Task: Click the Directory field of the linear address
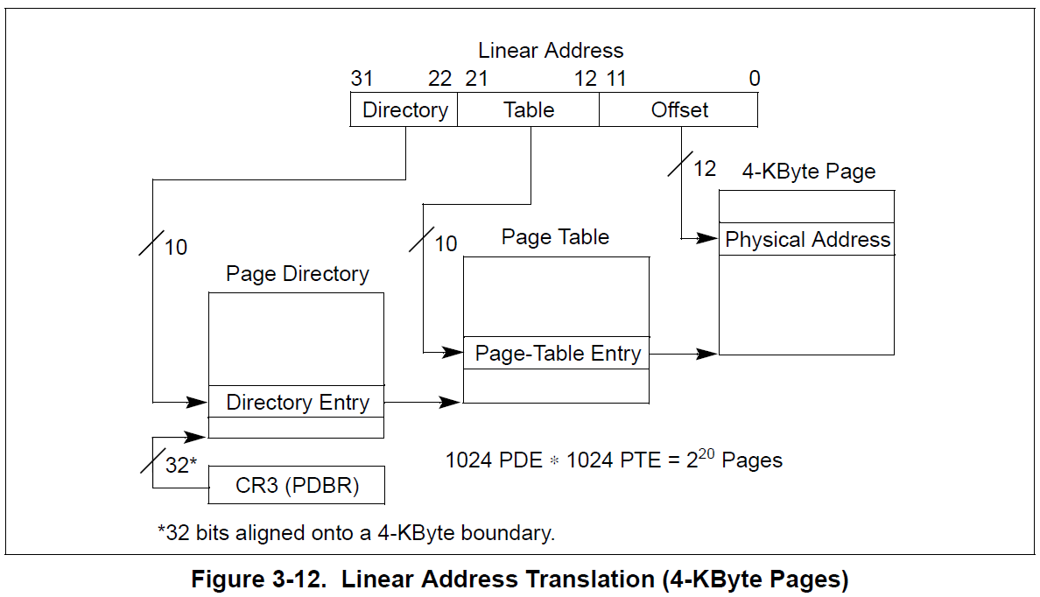(404, 110)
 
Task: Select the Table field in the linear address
(529, 110)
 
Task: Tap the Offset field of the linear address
(679, 110)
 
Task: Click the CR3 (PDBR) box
(297, 485)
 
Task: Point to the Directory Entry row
(297, 403)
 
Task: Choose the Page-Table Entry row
(557, 354)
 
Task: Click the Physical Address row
(807, 240)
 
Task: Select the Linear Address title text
(551, 51)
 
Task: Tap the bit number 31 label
(362, 79)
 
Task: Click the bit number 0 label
(754, 79)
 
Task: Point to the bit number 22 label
(439, 79)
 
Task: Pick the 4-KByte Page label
(808, 172)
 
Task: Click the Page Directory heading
(297, 274)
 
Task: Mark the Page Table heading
(555, 237)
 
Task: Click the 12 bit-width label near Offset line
(704, 168)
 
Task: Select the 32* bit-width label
(180, 466)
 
